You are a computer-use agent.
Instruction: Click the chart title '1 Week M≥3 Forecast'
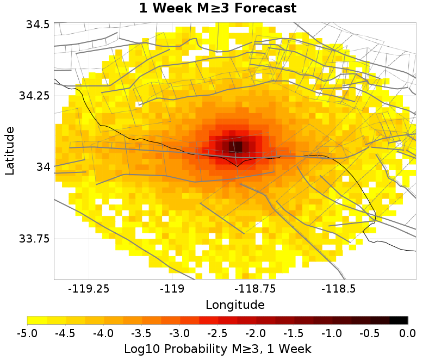(x=217, y=8)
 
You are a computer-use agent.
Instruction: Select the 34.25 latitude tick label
(x=33, y=96)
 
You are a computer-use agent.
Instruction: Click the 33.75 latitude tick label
(x=33, y=238)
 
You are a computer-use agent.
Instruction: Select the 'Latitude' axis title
(x=10, y=151)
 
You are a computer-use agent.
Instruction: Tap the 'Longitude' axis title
(x=235, y=305)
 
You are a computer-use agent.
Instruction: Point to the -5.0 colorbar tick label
(x=27, y=333)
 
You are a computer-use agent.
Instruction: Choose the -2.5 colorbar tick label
(x=217, y=333)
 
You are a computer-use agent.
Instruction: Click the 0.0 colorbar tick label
(x=408, y=333)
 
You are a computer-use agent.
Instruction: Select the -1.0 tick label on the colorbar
(x=332, y=333)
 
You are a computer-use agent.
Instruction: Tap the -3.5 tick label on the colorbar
(x=141, y=333)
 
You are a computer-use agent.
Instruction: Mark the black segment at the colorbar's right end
(x=399, y=320)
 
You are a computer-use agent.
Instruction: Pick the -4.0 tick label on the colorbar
(x=103, y=333)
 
